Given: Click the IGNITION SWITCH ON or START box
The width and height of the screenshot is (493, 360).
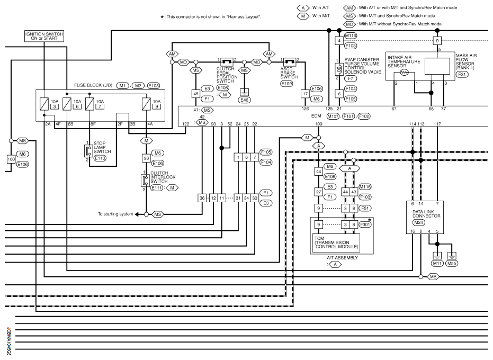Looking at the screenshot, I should point(44,36).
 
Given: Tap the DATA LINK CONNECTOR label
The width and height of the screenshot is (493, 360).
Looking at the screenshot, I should point(427,213).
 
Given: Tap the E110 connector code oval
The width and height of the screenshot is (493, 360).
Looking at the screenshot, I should point(100,158).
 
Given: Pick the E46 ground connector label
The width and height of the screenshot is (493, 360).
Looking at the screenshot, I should point(244,99).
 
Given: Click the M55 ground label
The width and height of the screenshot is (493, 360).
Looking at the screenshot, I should point(452,263).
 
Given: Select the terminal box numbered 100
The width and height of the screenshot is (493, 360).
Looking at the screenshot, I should point(11,159).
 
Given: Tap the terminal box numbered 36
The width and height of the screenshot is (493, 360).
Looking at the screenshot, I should point(202,197).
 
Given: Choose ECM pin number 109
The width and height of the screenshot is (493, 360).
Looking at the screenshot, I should point(319,124).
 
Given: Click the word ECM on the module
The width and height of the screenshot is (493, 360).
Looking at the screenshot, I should point(316,115).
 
